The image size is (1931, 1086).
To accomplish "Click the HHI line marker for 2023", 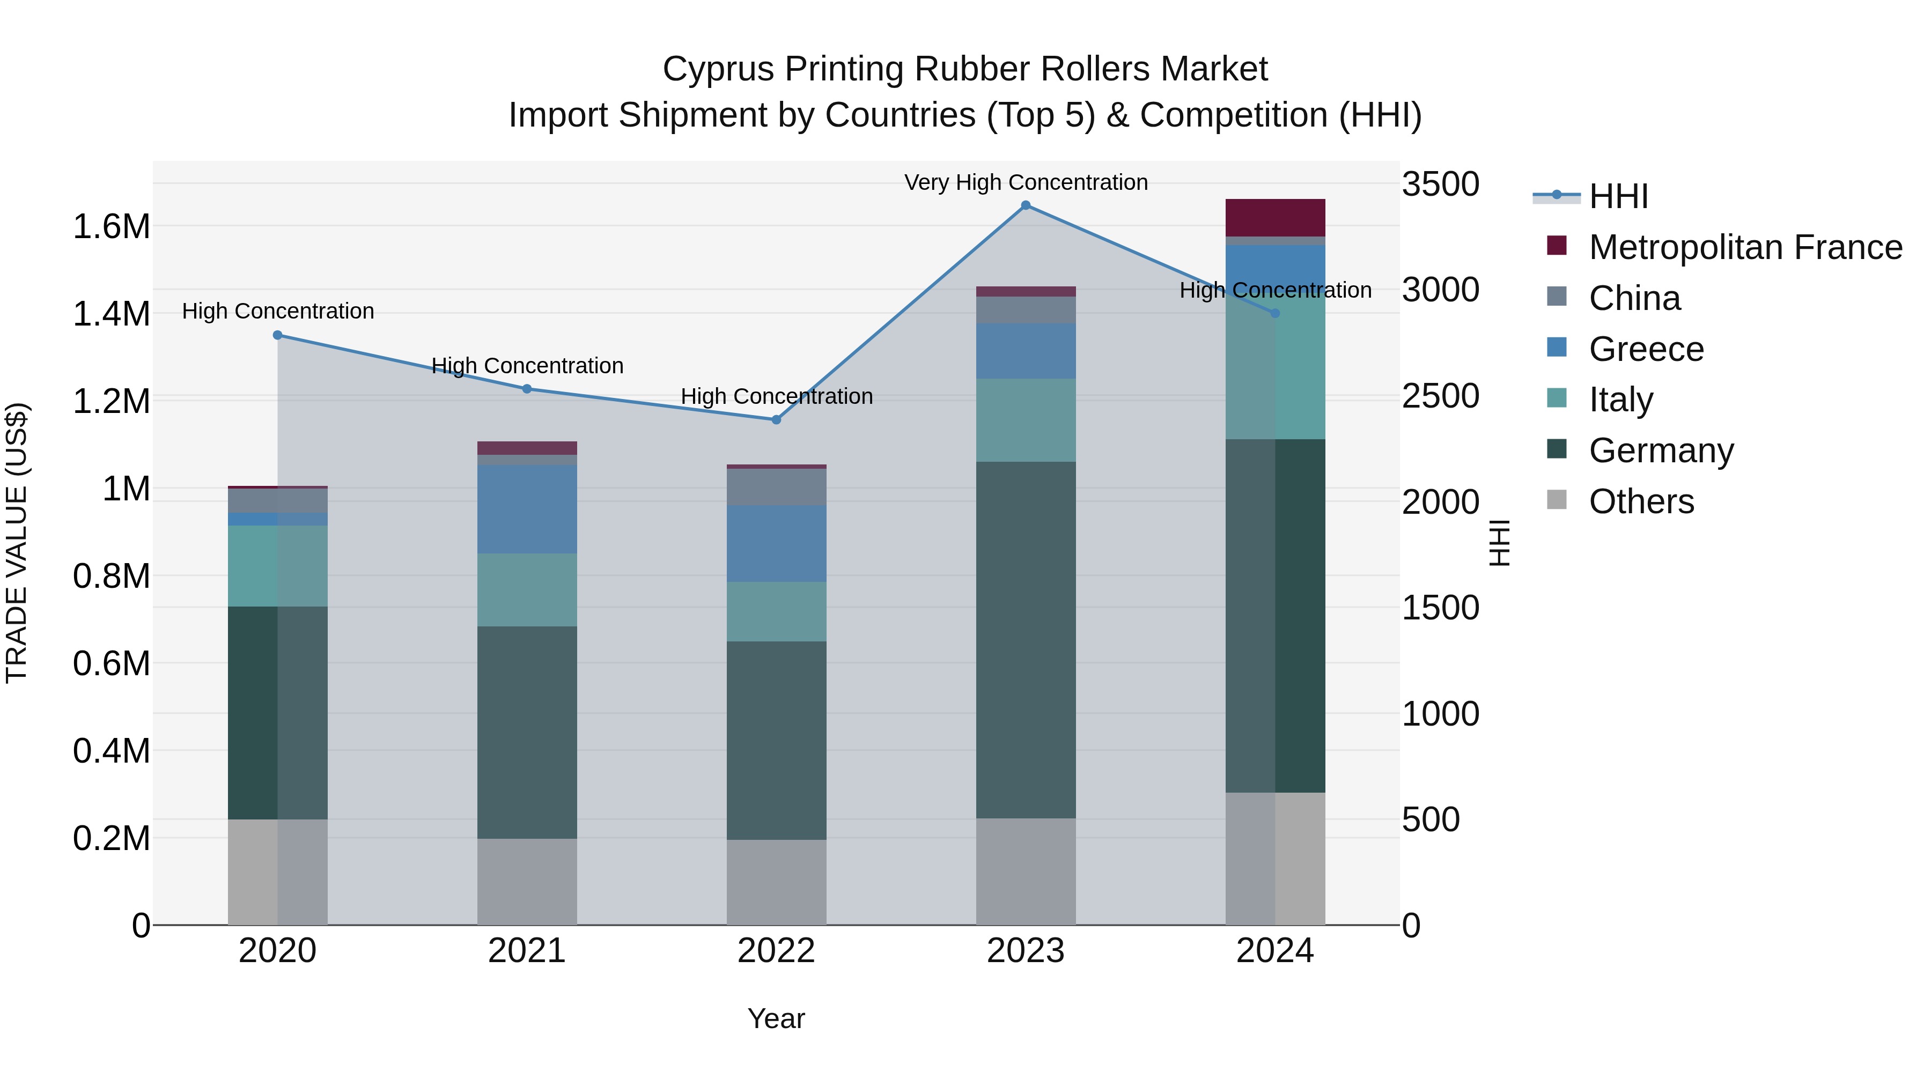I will click(x=1026, y=205).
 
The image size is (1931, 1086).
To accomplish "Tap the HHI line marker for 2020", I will click(x=277, y=336).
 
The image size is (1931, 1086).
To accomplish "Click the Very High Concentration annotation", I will click(x=1026, y=182).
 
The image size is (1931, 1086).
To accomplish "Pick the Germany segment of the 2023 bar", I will click(x=1026, y=639).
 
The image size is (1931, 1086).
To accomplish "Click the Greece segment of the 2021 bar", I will click(x=527, y=509).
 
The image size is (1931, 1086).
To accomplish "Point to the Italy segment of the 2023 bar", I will click(x=1026, y=420).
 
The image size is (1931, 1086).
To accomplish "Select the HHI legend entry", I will click(x=1618, y=196).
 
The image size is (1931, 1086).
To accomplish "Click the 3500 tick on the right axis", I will click(x=1441, y=184).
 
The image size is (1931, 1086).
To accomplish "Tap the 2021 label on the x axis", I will click(x=527, y=951).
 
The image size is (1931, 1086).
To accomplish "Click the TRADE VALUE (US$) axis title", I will click(x=17, y=543).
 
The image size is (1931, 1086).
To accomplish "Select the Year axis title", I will click(x=776, y=1018).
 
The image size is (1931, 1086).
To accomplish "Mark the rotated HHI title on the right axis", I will click(x=1499, y=543).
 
